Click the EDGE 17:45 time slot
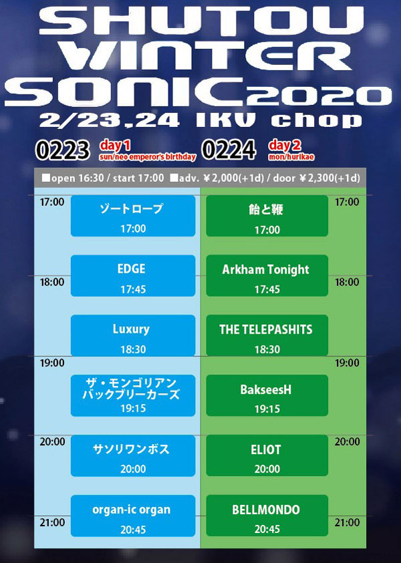point(133,275)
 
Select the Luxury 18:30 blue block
point(133,336)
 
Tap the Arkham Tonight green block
point(267,275)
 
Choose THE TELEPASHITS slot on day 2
point(267,336)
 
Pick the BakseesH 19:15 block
point(267,395)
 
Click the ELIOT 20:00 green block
point(267,455)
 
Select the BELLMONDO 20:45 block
point(267,516)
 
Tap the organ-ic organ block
point(133,516)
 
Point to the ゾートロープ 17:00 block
point(133,216)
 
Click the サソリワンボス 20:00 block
point(133,455)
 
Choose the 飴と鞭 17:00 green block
point(267,216)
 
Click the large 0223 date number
point(62,150)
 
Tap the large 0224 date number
point(229,150)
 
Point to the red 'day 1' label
point(115,146)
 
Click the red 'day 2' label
point(284,146)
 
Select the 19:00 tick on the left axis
point(52,363)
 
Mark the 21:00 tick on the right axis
point(347,522)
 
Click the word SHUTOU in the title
point(201,21)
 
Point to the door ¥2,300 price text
point(317,178)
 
